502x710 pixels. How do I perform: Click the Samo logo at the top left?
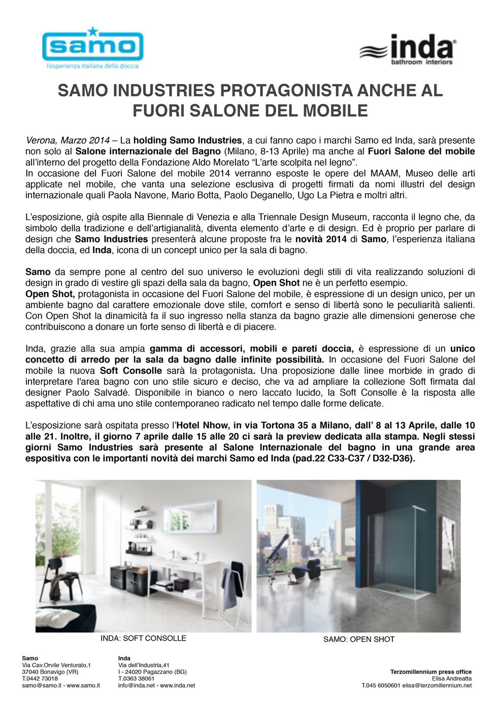92,48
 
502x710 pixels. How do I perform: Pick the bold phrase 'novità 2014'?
321,239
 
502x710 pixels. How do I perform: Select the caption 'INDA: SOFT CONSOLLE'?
143,638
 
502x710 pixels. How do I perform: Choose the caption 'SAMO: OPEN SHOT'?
359,640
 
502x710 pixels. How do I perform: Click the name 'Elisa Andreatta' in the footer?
451,679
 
